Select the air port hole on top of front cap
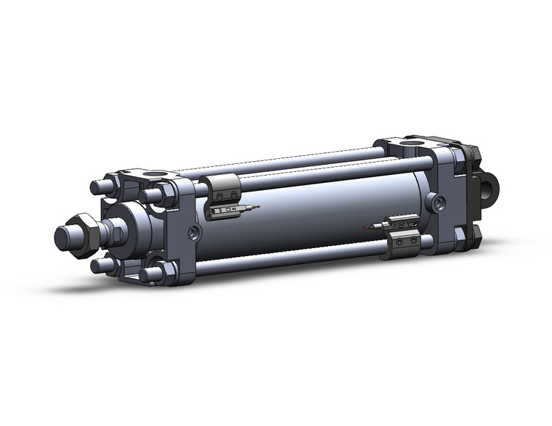click(152, 176)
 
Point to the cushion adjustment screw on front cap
click(192, 233)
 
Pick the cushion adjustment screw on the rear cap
click(435, 202)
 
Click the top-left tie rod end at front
click(97, 187)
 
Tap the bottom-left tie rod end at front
click(98, 266)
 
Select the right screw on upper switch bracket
click(233, 194)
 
